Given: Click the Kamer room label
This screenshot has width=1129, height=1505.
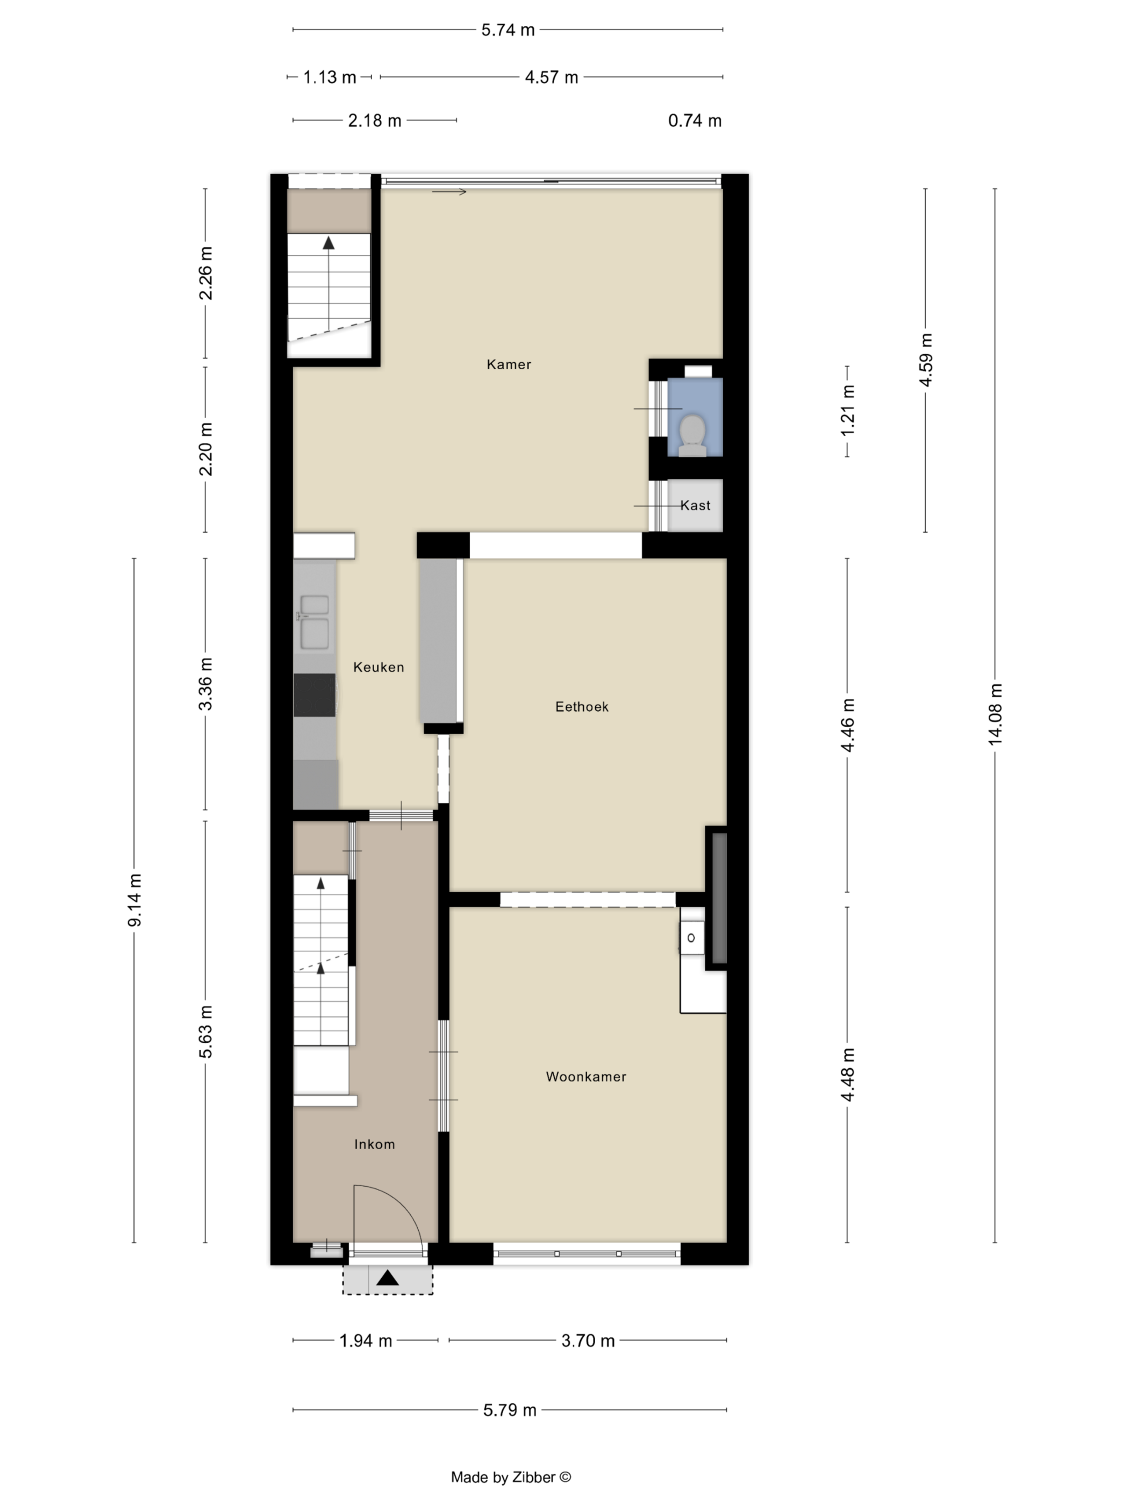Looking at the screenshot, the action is coord(509,364).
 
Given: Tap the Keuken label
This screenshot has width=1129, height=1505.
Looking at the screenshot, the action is coord(378,668).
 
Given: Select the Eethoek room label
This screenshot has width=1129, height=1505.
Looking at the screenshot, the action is coord(582,707).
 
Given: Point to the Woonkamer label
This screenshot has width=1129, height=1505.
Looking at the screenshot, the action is coord(586,1077).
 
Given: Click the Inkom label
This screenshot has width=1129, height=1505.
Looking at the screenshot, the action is coord(374,1144).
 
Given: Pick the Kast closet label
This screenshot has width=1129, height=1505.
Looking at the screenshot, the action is coord(695,506).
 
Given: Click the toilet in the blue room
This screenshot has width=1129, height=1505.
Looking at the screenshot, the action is coord(692,435).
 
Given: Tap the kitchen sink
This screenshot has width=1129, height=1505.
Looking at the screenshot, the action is coord(315,622).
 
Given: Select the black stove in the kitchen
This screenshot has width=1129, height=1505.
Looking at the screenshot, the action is coord(315,694).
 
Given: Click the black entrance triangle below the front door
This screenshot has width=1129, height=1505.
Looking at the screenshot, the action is coord(387,1278).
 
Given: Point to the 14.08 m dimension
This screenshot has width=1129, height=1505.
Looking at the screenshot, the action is coord(995,714).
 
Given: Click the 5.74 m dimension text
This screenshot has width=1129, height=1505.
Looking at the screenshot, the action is coord(508,30).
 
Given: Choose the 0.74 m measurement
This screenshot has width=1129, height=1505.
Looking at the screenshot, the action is coord(694,120).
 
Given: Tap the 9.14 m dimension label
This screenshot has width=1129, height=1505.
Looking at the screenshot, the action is coord(135,900).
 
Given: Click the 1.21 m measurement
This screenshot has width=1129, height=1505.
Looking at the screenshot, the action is coord(847,411).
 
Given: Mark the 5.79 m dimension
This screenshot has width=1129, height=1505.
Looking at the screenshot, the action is coord(510,1410).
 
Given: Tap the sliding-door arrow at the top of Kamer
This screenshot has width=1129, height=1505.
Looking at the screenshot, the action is coord(449,192).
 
